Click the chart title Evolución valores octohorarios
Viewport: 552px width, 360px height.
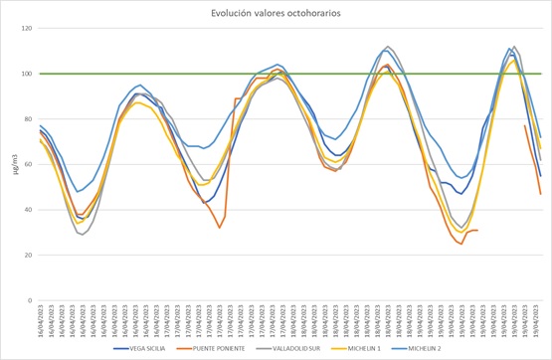pyautogui.click(x=276, y=13)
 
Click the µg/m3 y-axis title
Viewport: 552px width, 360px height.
pyautogui.click(x=13, y=164)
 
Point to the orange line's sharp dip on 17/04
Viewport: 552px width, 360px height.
pyautogui.click(x=220, y=228)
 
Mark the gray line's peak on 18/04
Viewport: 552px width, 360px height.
pyautogui.click(x=388, y=47)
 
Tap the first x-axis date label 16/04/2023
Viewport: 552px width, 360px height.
pyautogui.click(x=41, y=320)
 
